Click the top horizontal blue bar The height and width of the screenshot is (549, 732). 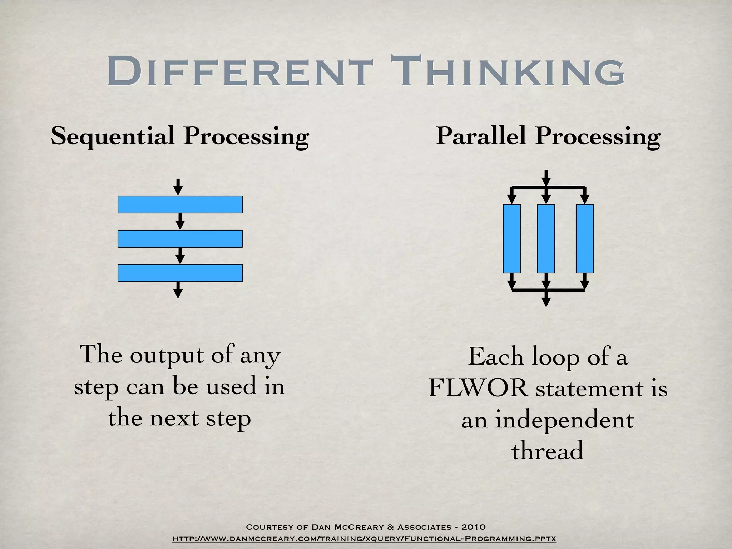(x=180, y=204)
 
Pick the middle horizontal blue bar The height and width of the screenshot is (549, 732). (x=180, y=239)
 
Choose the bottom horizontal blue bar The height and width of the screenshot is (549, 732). (x=180, y=273)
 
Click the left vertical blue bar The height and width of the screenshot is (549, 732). (x=511, y=239)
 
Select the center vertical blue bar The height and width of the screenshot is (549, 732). (x=546, y=239)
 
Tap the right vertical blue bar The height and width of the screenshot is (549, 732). (x=584, y=239)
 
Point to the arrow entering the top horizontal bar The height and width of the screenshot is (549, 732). (x=178, y=187)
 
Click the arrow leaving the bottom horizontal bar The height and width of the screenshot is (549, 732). (x=178, y=290)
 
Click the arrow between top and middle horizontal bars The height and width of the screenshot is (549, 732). (x=180, y=222)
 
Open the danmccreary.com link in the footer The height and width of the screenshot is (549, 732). (x=364, y=539)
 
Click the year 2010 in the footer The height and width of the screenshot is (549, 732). (x=473, y=527)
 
